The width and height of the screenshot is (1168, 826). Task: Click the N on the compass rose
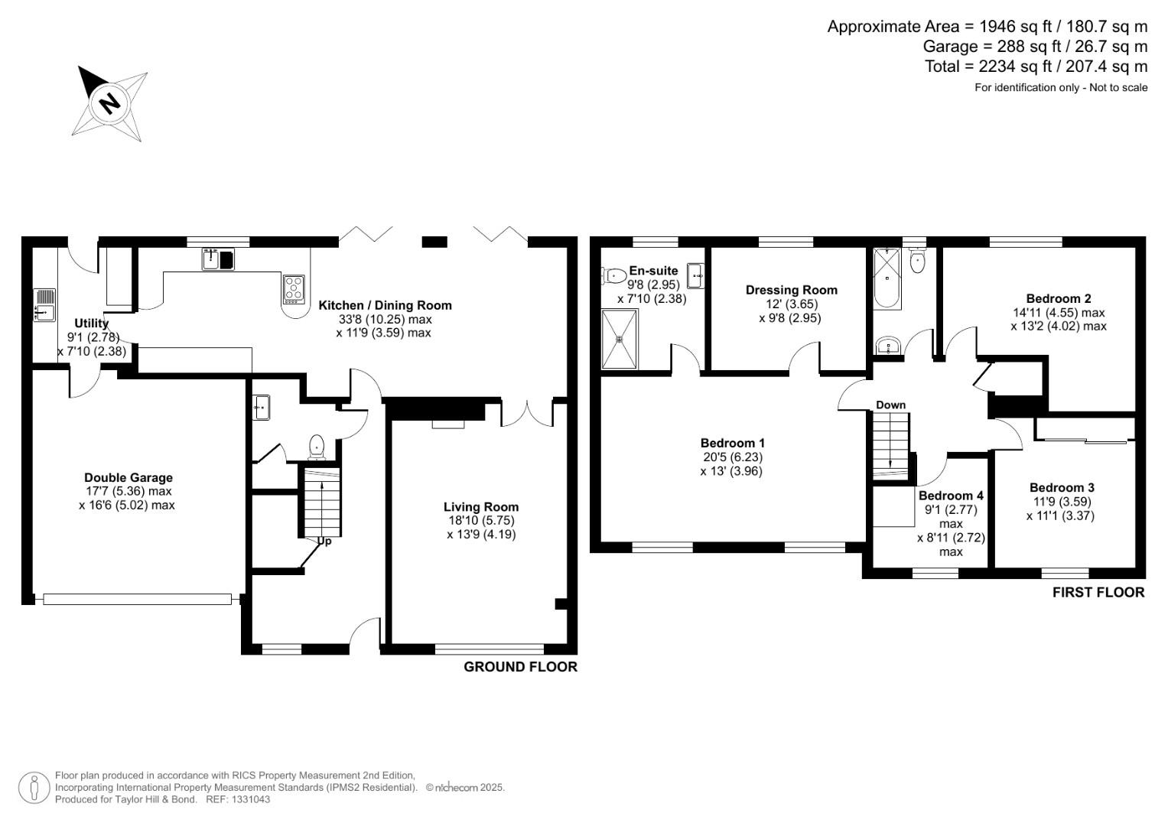coord(109,102)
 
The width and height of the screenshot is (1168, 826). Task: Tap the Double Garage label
coord(129,478)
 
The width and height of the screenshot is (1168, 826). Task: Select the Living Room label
coord(481,507)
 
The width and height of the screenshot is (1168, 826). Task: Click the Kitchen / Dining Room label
coord(385,306)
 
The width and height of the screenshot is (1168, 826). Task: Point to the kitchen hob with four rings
coord(294,289)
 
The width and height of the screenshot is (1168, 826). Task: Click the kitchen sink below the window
coord(218,259)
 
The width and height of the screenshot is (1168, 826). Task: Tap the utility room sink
coord(45,305)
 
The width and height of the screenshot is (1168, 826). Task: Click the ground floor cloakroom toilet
coord(317,447)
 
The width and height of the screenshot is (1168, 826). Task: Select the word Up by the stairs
coord(324,541)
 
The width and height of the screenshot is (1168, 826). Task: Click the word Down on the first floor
coord(890,405)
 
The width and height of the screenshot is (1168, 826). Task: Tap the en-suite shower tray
coord(620,339)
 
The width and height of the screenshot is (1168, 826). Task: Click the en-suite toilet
coord(613,275)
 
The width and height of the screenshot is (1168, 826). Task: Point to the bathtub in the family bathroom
coord(887,279)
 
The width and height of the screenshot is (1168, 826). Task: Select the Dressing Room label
coord(792,290)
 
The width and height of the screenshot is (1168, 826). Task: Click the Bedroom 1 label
coord(733,444)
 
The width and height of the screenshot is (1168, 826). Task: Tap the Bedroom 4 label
coord(951,496)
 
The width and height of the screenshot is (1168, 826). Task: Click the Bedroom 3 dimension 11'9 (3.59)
coord(1061,502)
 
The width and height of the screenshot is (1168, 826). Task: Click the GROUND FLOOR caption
coord(520,666)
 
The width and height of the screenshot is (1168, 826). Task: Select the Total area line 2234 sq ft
coord(1036,67)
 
